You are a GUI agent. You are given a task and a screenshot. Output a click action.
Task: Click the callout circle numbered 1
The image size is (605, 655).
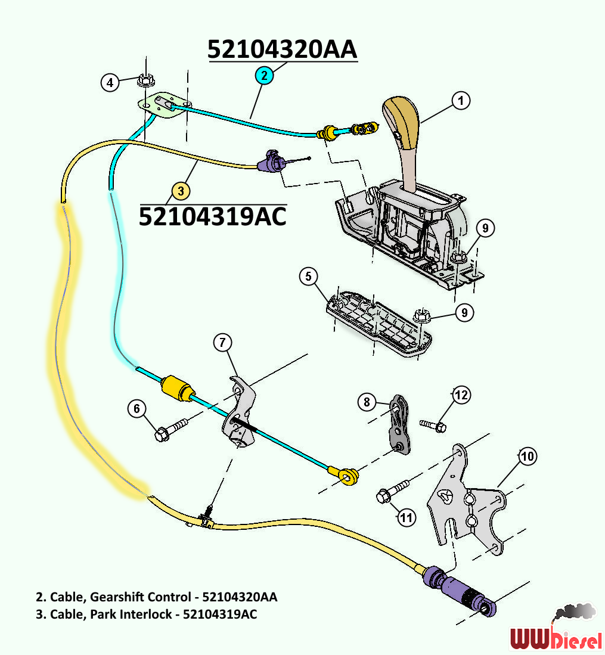pos(460,101)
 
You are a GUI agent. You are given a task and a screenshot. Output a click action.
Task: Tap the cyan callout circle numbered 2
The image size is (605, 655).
pos(265,75)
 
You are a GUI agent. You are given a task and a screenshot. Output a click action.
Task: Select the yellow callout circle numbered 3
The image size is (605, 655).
pos(181,191)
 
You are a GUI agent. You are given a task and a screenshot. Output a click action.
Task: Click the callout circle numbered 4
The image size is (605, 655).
pos(109,82)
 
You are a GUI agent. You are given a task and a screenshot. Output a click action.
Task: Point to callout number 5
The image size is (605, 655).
pos(308,276)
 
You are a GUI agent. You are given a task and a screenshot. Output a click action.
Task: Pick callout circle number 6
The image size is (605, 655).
pos(137,408)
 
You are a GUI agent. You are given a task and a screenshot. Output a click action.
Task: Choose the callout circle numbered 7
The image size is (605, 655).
pos(222,342)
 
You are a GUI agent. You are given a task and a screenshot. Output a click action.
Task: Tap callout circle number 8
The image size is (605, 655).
pos(367,402)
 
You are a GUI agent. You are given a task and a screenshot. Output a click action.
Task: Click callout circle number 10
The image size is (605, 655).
pos(527,457)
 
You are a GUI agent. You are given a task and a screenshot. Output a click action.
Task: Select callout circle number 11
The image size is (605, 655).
pos(407,517)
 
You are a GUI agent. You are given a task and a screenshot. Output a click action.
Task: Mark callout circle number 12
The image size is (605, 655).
pos(461,395)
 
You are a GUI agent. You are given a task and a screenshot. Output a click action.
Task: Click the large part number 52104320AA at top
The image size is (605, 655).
pos(283,49)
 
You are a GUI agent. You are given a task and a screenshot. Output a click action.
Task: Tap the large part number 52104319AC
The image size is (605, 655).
pos(212,215)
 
